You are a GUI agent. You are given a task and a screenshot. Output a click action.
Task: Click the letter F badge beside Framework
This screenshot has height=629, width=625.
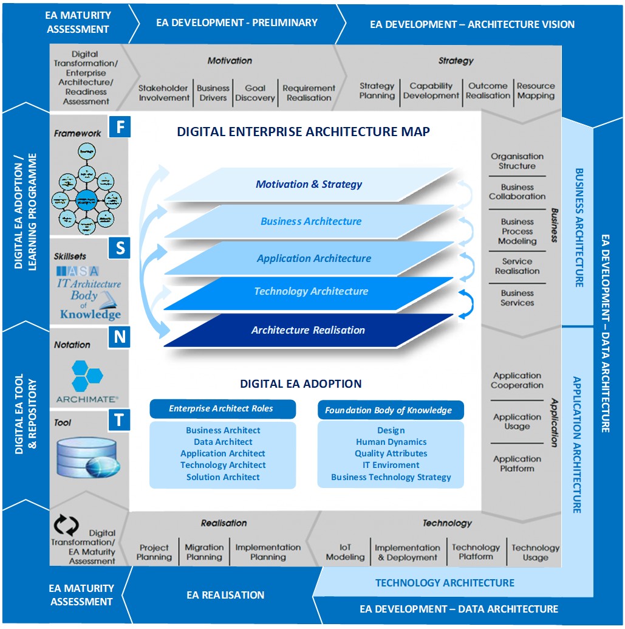pyautogui.click(x=120, y=128)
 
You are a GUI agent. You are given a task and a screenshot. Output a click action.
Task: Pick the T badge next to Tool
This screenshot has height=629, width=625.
pyautogui.click(x=119, y=420)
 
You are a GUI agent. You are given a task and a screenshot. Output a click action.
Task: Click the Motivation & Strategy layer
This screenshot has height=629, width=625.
pyautogui.click(x=309, y=184)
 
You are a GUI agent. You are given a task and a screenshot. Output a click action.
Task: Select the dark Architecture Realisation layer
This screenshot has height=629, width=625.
pyautogui.click(x=308, y=330)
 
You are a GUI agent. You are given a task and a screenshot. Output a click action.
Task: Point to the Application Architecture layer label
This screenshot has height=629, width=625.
pyautogui.click(x=313, y=258)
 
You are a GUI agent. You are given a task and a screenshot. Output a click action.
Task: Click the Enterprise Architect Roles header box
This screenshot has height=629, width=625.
pyautogui.click(x=222, y=409)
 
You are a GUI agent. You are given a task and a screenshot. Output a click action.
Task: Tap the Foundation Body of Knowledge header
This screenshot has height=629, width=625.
pyautogui.click(x=389, y=410)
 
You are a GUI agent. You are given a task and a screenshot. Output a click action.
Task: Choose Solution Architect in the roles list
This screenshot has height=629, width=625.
pyautogui.click(x=223, y=477)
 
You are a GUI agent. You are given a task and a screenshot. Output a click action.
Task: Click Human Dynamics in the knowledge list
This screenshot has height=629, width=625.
pyautogui.click(x=391, y=442)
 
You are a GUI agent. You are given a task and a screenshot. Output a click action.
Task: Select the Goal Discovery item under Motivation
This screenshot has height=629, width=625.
pyautogui.click(x=255, y=93)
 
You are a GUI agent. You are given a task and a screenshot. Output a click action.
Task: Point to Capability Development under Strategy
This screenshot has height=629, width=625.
pyautogui.click(x=431, y=91)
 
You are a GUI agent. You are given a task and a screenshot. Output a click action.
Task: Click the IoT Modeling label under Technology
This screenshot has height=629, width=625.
pyautogui.click(x=345, y=552)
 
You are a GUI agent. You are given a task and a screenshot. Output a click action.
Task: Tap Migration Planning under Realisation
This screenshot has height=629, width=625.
pyautogui.click(x=204, y=552)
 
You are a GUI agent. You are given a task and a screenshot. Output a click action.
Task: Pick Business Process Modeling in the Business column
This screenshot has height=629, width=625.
pyautogui.click(x=517, y=232)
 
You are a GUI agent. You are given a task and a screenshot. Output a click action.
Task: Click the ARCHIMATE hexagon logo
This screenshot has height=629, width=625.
pyautogui.click(x=87, y=376)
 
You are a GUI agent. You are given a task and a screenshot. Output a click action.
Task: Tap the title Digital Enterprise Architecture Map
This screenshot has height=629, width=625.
pyautogui.click(x=303, y=132)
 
